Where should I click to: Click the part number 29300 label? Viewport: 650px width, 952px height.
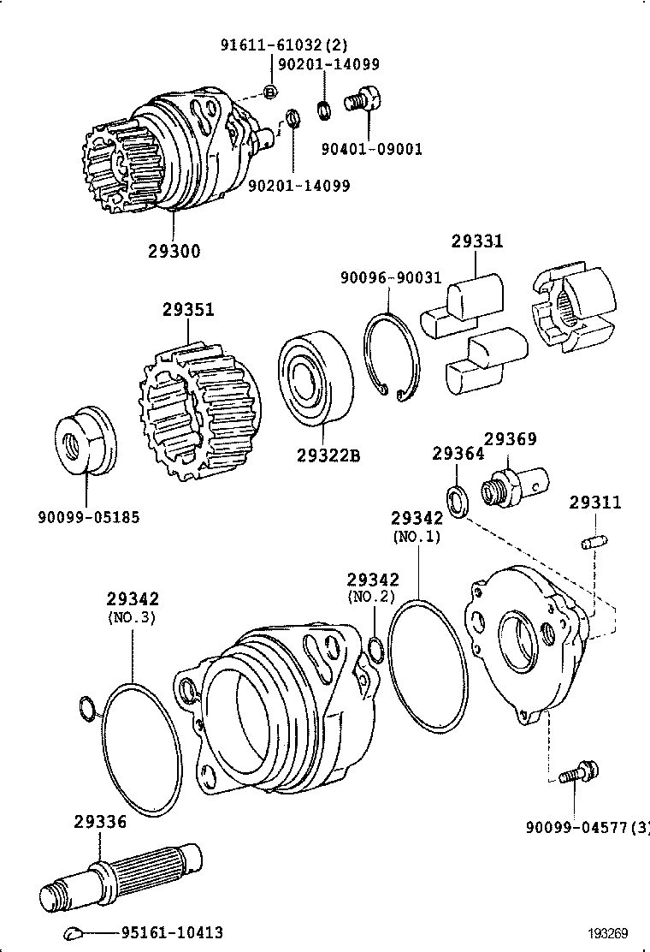coord(174,251)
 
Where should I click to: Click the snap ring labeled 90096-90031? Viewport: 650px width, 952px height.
coord(391,358)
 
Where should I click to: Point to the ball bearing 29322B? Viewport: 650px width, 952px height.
coord(312,378)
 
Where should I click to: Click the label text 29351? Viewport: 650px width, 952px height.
coord(188,310)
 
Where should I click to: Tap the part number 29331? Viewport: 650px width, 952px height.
coord(477,242)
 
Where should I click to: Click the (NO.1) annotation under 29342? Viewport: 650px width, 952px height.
coord(417,538)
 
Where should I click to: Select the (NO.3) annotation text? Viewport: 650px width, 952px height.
coord(132,616)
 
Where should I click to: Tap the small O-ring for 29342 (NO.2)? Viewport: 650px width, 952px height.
coord(375,650)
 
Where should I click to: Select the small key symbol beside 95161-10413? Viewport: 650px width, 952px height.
coord(73,932)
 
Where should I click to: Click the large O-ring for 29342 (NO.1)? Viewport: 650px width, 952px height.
coord(428,668)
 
